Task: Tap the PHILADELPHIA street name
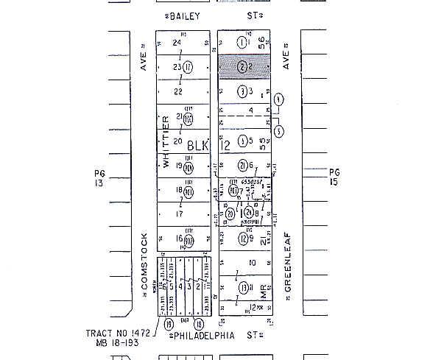[x=203, y=336]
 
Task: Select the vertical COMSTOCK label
[x=144, y=261]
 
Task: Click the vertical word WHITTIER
[x=166, y=142]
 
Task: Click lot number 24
[x=177, y=43]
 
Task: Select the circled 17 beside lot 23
[x=188, y=67]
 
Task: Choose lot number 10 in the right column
[x=252, y=262]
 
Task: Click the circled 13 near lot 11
[x=242, y=287]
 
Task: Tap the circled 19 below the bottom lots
[x=169, y=323]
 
